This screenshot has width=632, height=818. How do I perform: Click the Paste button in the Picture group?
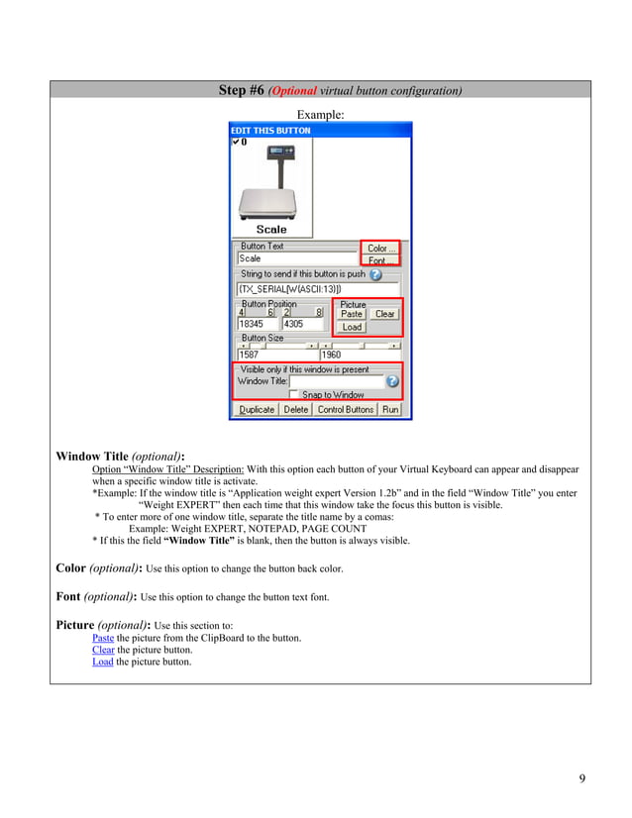coord(352,314)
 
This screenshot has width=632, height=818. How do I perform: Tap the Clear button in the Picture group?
coord(384,314)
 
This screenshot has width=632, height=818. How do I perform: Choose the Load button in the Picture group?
coord(352,327)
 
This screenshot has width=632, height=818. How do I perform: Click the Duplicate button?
coord(257,409)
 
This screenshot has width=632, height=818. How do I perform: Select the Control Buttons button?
coord(345,409)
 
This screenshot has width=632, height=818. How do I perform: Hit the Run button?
coord(390,409)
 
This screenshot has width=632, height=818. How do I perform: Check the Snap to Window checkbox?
coord(295,394)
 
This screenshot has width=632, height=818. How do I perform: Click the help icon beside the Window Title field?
coord(392,380)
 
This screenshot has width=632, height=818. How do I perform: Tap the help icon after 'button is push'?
coord(375,274)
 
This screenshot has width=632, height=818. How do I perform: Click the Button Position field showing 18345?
coord(257,324)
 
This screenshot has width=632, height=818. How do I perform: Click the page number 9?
coord(582,778)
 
